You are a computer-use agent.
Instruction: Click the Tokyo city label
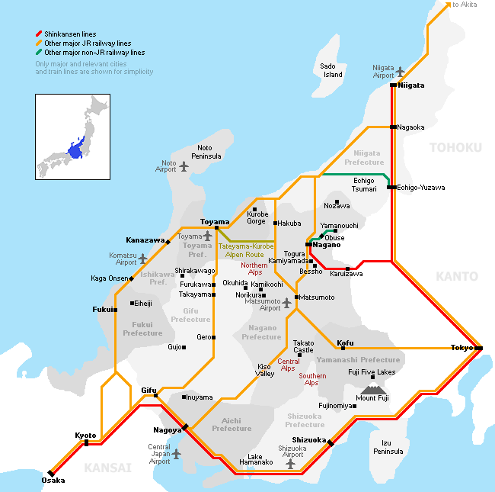tap(461, 348)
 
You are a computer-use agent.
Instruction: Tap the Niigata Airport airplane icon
tap(401, 72)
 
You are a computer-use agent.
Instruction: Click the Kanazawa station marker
tap(168, 242)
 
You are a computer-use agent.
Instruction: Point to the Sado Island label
tap(332, 70)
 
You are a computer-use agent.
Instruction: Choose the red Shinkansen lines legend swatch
tap(39, 34)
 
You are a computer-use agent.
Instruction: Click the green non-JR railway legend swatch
tap(39, 53)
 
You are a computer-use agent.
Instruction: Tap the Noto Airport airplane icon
tap(184, 166)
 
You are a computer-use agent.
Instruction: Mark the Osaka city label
tap(53, 481)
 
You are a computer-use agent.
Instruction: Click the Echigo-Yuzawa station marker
tap(390, 187)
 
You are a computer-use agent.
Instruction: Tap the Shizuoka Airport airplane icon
tap(289, 462)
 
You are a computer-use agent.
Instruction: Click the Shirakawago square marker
tap(182, 275)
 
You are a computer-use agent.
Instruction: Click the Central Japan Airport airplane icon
tap(177, 454)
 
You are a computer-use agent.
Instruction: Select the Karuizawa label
tap(346, 274)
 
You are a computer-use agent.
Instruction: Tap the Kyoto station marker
tap(86, 442)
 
